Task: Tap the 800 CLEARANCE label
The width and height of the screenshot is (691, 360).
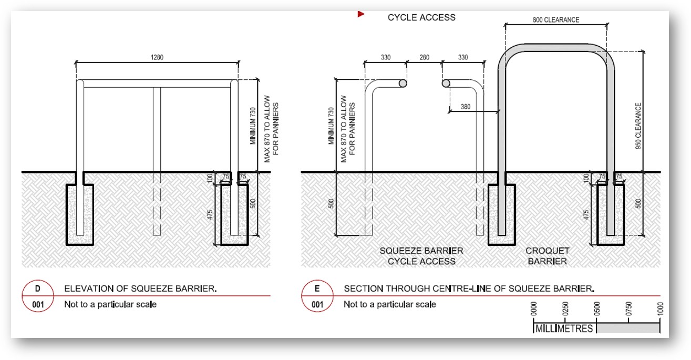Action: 555,20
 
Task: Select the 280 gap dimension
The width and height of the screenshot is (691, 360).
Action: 424,57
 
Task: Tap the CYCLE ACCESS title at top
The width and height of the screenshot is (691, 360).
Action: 421,17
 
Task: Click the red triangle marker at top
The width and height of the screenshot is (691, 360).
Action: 361,14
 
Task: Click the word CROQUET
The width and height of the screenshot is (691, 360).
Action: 547,251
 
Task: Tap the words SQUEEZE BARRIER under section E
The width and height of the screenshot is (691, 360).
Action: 421,251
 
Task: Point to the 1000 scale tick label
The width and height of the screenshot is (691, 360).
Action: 660,308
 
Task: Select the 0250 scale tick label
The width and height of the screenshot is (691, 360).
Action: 565,308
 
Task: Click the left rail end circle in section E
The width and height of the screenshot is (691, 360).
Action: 403,83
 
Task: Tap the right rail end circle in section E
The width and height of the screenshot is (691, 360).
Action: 446,83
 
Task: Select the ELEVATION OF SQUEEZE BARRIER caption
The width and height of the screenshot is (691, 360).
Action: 140,289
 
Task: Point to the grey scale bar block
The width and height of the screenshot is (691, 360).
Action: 628,328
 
